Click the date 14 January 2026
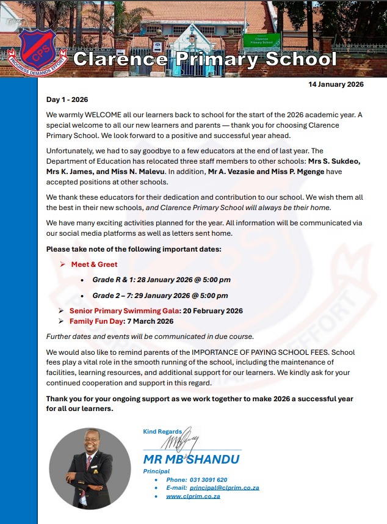pos(336,84)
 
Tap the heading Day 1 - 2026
pos(71,99)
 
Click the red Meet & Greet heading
pos(94,264)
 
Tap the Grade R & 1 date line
pos(161,280)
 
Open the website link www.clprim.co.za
pos(193,497)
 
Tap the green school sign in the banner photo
pos(261,41)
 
